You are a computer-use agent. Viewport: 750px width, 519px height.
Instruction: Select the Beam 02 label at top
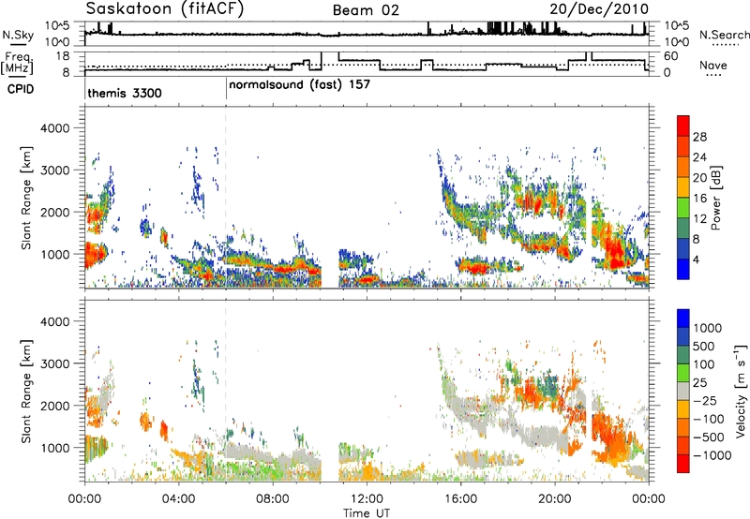point(366,10)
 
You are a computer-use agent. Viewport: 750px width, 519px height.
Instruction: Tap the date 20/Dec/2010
point(599,9)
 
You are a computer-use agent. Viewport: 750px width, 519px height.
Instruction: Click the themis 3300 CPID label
point(125,93)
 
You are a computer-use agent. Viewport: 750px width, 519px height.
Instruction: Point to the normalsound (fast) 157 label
point(299,84)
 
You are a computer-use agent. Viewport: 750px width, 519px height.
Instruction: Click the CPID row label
point(21,89)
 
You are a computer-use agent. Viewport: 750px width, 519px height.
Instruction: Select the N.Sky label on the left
point(18,35)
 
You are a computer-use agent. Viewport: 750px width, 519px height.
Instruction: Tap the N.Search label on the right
point(725,35)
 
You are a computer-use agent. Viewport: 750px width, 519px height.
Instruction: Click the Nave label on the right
point(713,65)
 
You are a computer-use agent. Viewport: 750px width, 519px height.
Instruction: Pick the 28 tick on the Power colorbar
point(699,137)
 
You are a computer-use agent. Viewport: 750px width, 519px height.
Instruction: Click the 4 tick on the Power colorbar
point(697,259)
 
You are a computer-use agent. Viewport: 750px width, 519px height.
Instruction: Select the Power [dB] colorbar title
point(715,198)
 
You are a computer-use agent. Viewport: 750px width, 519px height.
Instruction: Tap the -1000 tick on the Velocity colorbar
point(712,455)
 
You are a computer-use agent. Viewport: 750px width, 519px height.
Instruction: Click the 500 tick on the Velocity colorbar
point(704,347)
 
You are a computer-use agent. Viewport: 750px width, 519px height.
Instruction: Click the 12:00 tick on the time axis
point(367,499)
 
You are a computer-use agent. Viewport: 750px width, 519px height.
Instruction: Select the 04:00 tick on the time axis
point(179,499)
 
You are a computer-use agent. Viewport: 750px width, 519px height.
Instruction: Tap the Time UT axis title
point(367,513)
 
